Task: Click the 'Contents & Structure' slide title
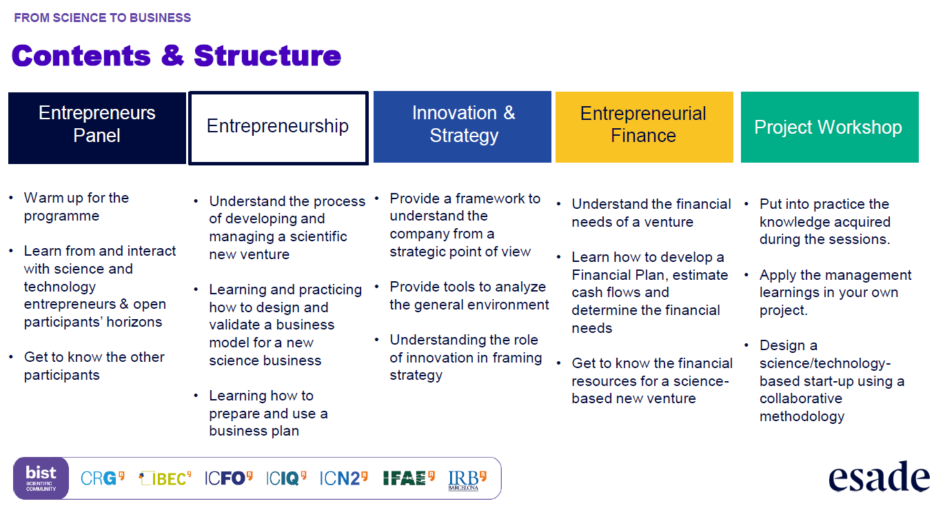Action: pos(176,56)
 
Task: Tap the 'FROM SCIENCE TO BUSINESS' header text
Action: pos(103,18)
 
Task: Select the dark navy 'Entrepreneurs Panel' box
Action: pos(97,128)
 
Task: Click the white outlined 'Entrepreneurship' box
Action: pos(278,128)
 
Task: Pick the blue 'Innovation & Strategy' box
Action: pos(463,127)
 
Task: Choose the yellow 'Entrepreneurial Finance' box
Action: pos(644,127)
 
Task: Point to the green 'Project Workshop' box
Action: pos(830,127)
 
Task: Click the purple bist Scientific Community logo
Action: pos(41,478)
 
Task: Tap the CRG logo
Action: pos(102,478)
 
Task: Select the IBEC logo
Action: pos(165,478)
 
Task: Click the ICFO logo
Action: pos(228,478)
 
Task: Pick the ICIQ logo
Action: pos(286,478)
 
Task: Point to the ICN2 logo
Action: pos(343,478)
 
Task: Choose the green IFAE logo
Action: pos(409,478)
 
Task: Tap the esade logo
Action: pos(880,476)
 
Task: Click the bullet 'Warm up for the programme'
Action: pos(77,207)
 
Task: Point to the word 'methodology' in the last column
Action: pos(802,417)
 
